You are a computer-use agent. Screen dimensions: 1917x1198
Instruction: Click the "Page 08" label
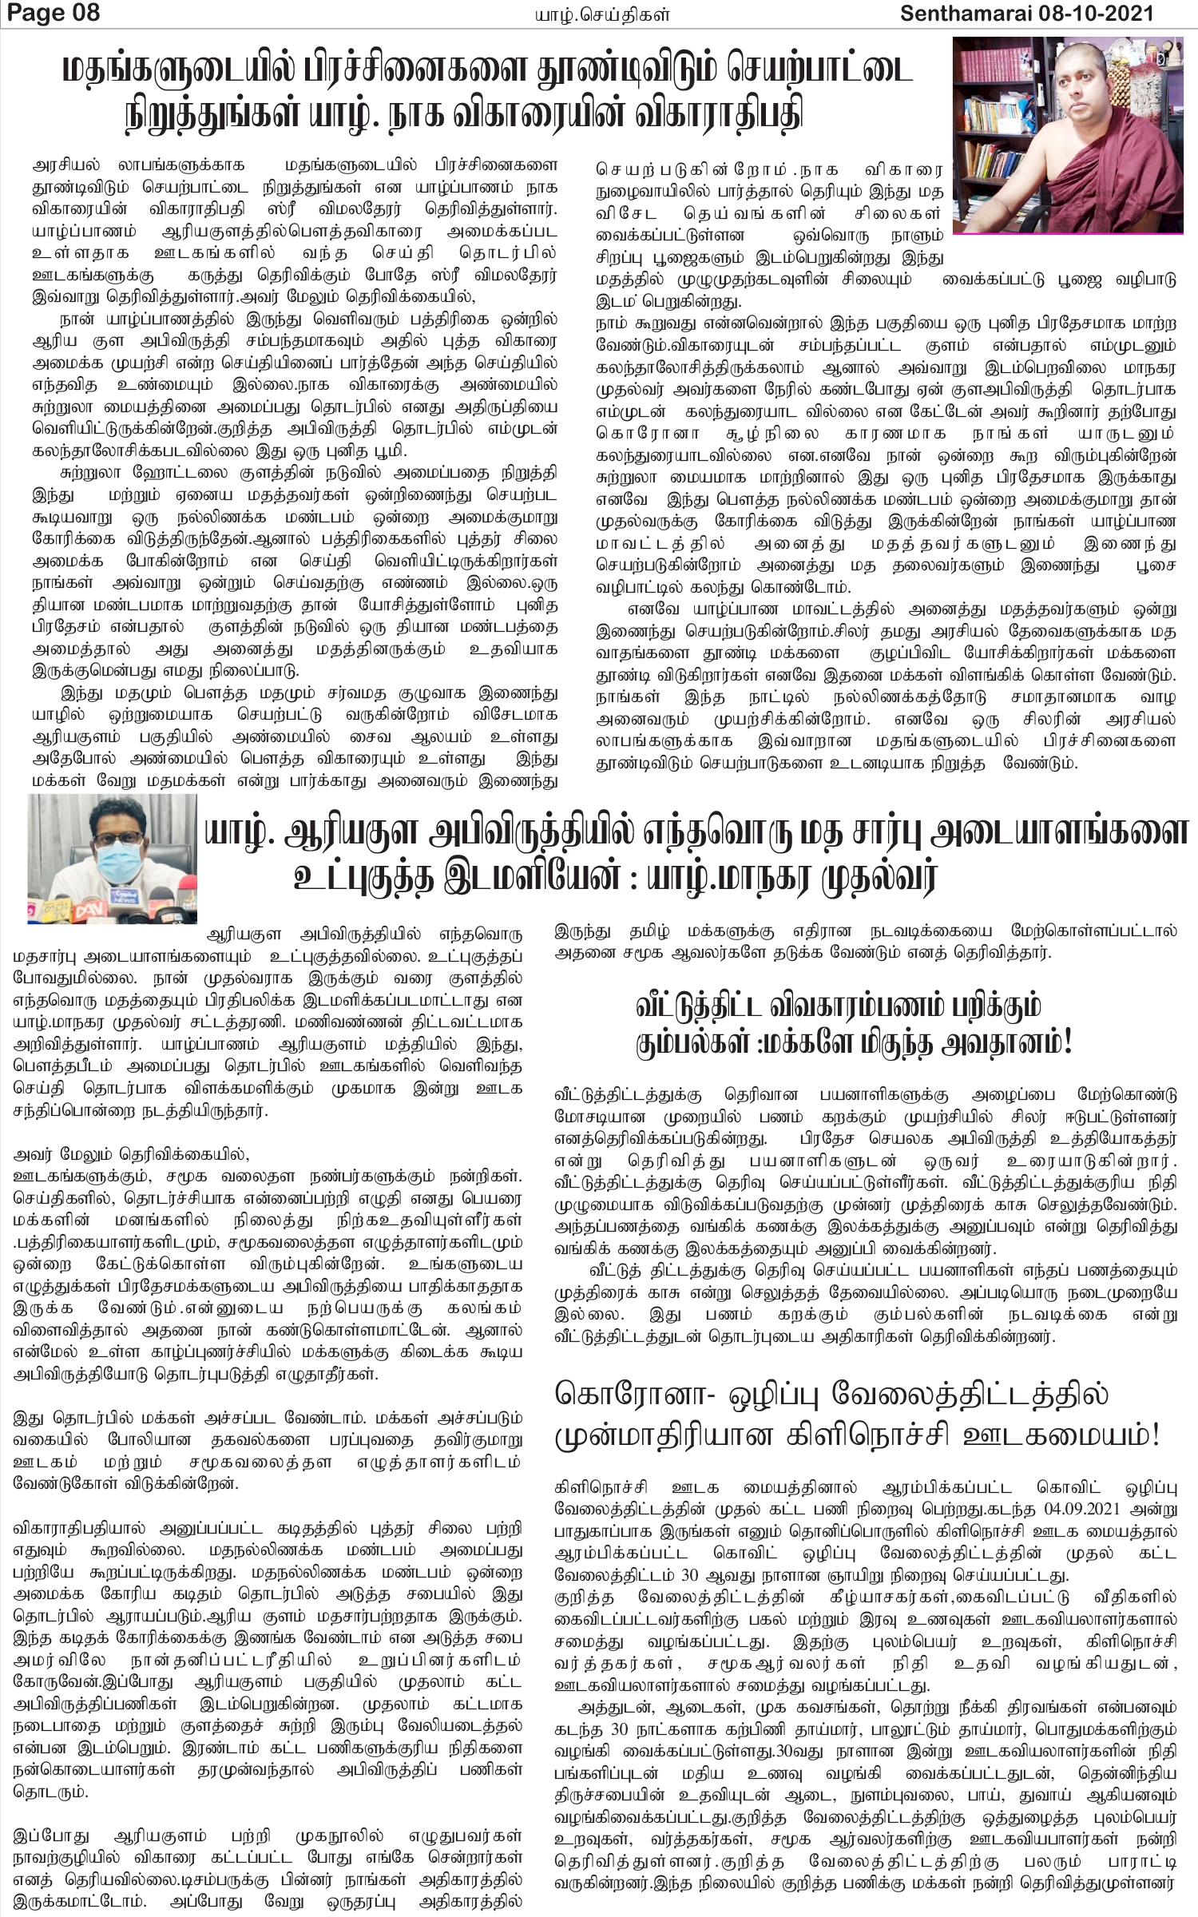50,14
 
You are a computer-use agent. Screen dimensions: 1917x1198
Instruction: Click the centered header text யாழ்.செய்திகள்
601,14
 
